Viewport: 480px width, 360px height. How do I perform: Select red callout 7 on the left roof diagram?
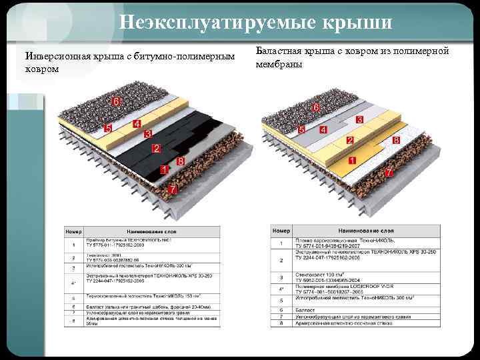[x=172, y=189]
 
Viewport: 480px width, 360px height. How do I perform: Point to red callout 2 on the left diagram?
[x=157, y=147]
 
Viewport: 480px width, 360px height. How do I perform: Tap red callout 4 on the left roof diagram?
[x=137, y=124]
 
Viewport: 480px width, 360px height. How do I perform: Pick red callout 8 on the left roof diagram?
[x=180, y=161]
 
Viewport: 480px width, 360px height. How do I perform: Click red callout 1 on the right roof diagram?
[x=351, y=161]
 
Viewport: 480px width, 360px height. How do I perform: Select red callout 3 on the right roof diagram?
[x=359, y=119]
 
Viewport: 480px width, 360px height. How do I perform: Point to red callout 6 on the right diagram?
[x=315, y=107]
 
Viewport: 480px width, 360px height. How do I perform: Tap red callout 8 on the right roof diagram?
[x=395, y=141]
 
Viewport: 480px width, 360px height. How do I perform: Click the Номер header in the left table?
[x=73, y=231]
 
